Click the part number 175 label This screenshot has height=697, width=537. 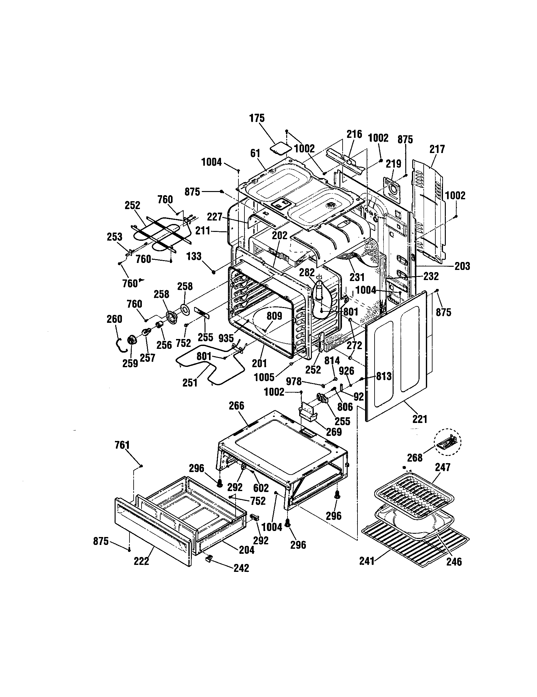(x=257, y=118)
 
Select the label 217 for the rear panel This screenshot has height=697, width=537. (x=437, y=149)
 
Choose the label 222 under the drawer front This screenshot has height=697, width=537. (x=141, y=561)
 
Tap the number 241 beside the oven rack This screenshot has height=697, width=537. (x=367, y=561)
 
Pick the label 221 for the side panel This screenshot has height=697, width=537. (x=420, y=419)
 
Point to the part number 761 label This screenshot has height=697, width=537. (x=122, y=445)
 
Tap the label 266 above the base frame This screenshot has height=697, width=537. (x=236, y=406)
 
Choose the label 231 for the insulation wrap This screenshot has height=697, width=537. (x=357, y=277)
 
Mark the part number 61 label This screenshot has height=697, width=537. (x=255, y=154)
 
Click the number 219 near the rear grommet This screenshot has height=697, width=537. (x=394, y=164)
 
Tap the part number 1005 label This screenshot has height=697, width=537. (x=264, y=377)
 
